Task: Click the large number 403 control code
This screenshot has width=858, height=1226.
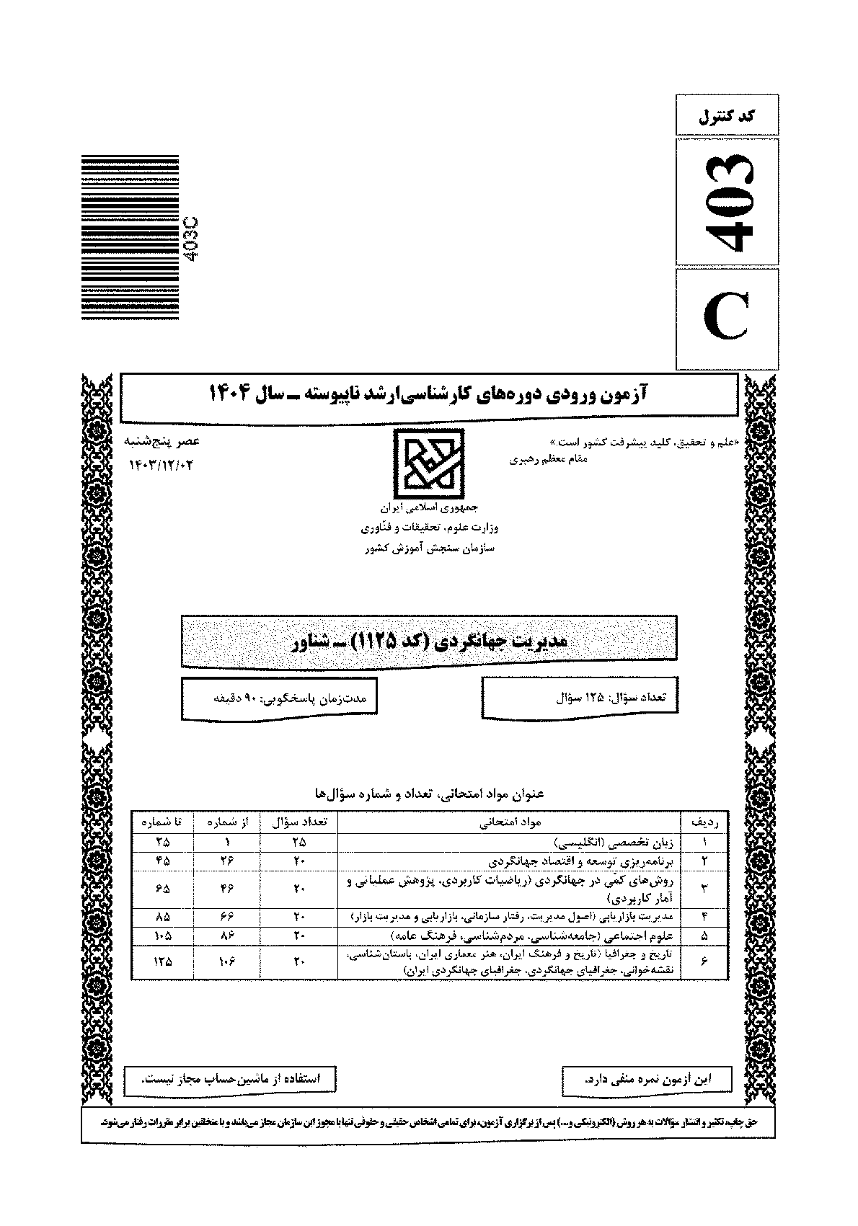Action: [727, 203]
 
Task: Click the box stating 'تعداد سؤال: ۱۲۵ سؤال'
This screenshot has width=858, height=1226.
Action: [580, 698]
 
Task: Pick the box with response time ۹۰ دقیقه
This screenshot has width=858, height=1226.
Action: [279, 698]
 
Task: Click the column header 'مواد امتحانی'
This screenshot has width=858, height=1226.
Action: [510, 822]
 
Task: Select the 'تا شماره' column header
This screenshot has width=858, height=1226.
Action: [162, 822]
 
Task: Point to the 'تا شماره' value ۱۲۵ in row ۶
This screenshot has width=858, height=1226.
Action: [162, 961]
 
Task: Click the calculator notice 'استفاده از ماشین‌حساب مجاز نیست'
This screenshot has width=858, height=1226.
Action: [230, 1079]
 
